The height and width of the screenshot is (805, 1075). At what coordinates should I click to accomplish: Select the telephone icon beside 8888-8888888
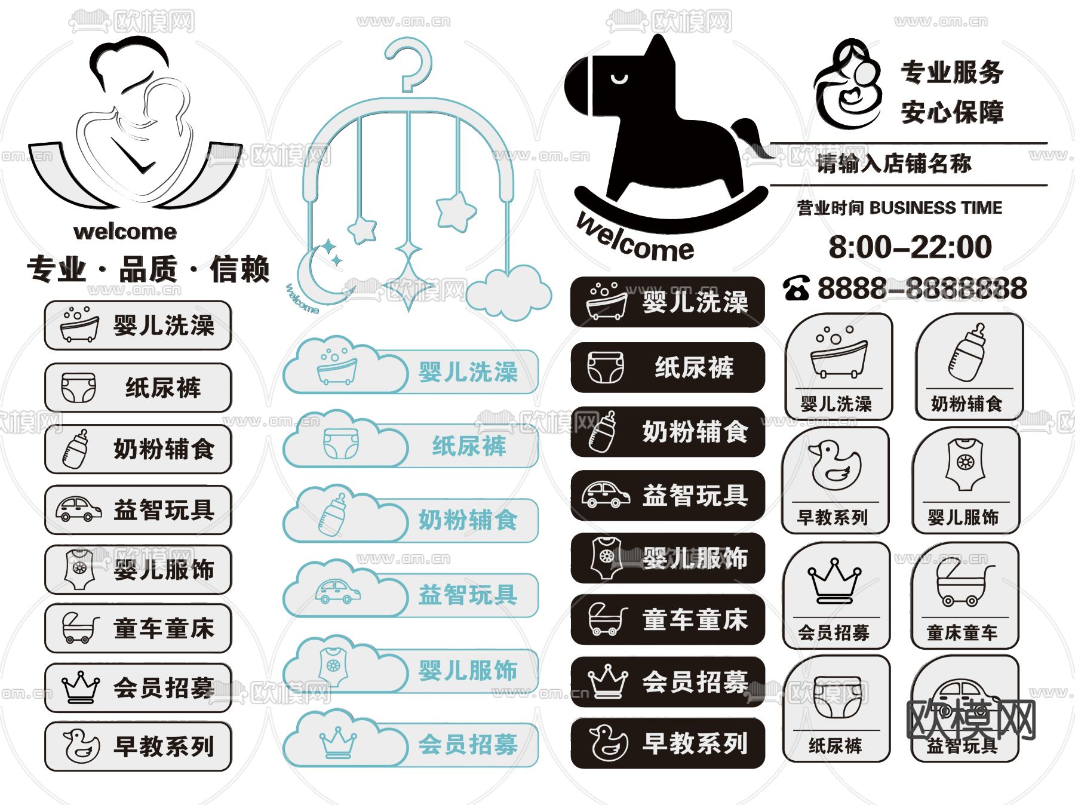point(797,288)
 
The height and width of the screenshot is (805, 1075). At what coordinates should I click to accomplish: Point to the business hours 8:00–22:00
point(910,247)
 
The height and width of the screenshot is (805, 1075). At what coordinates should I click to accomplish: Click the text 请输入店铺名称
point(894,163)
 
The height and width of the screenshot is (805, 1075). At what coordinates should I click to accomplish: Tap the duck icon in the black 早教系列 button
point(609,743)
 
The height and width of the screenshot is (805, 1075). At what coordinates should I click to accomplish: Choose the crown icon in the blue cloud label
point(338,742)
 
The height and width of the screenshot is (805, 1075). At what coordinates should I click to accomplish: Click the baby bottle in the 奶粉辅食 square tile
point(968,353)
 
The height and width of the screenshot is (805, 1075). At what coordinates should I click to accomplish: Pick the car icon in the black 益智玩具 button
point(606,495)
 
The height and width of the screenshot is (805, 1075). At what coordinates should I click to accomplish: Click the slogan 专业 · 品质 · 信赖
point(148,269)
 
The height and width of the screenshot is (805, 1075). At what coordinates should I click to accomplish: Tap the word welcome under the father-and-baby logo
point(125,232)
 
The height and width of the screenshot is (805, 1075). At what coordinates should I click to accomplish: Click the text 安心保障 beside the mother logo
point(952,112)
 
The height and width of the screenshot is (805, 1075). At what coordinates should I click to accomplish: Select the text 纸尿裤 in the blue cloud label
point(469,446)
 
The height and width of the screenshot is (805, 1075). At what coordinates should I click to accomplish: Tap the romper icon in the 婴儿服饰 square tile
point(965,464)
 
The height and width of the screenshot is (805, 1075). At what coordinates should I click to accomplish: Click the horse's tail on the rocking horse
point(750,134)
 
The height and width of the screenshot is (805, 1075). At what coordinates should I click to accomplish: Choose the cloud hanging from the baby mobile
point(508,293)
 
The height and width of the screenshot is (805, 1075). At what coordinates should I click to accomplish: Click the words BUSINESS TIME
point(936,208)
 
